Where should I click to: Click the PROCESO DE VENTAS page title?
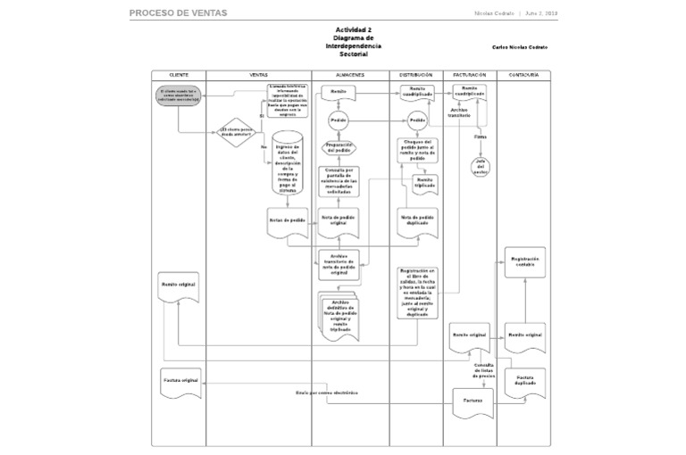pyautogui.click(x=178, y=13)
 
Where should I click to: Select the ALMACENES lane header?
pyautogui.click(x=350, y=75)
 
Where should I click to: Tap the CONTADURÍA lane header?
pyautogui.click(x=523, y=75)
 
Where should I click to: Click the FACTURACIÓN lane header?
pyautogui.click(x=469, y=75)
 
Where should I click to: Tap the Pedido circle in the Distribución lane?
pyautogui.click(x=416, y=120)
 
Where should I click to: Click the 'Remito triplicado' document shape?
pyautogui.click(x=423, y=184)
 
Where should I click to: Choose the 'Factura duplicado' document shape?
pyautogui.click(x=524, y=381)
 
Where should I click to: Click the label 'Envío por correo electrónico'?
pyautogui.click(x=326, y=393)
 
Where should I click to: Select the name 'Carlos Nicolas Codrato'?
pyautogui.click(x=519, y=47)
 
